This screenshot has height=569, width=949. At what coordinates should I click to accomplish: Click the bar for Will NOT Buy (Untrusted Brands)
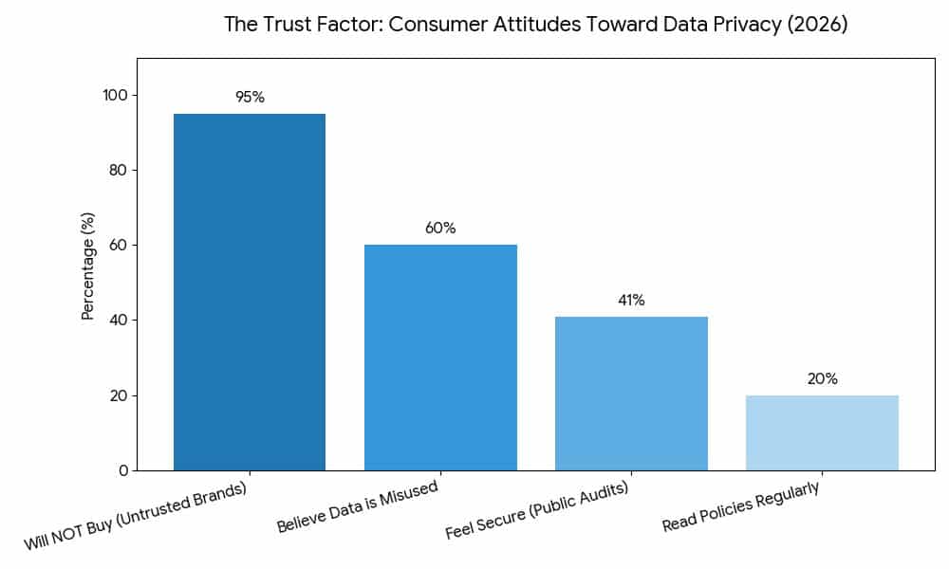click(x=250, y=292)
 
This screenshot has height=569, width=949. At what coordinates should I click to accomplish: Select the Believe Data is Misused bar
click(x=440, y=358)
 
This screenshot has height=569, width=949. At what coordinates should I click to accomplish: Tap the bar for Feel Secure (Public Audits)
click(x=631, y=394)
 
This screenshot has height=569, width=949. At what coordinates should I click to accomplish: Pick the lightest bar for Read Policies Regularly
click(x=822, y=432)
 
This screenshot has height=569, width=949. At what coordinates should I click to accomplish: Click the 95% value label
click(x=250, y=98)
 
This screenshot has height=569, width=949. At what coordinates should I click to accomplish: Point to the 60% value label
click(x=440, y=229)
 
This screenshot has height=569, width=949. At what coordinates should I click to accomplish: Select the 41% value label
click(x=631, y=300)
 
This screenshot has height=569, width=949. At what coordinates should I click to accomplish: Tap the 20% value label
click(x=822, y=378)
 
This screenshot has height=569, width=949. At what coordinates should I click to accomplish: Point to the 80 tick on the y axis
click(x=119, y=171)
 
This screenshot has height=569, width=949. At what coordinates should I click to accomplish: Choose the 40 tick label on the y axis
click(x=119, y=321)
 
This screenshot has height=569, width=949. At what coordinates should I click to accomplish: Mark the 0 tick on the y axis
click(x=123, y=470)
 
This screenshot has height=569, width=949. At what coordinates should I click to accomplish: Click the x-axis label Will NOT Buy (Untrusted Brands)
click(x=136, y=517)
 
